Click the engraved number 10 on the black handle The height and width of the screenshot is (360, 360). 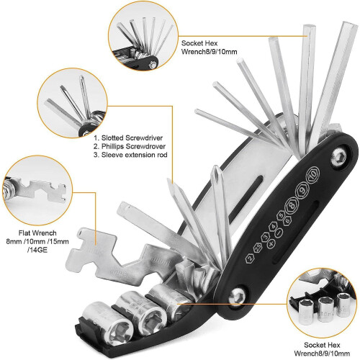point(312,175)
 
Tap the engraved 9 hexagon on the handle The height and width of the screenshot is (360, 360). point(302,191)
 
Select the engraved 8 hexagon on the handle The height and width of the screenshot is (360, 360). point(292,205)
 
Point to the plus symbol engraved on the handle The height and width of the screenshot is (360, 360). point(271,244)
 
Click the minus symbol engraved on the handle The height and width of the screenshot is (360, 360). point(278,233)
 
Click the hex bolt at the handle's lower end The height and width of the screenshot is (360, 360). point(237,297)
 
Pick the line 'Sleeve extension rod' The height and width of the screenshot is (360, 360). point(130,155)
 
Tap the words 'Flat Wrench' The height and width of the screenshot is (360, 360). point(37,233)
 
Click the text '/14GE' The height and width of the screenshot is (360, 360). point(37,250)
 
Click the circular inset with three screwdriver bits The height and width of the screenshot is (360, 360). point(72,103)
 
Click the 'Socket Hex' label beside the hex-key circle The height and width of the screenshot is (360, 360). point(199,43)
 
